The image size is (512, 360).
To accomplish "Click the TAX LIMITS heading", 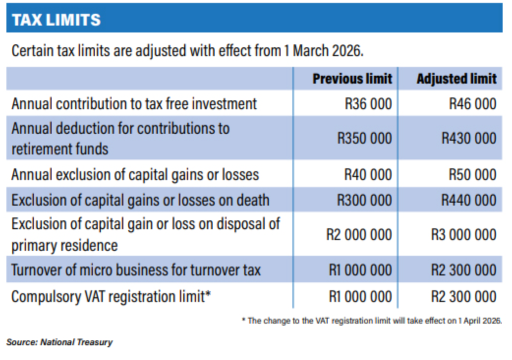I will click(x=56, y=20).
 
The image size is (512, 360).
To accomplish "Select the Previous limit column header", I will click(x=352, y=79).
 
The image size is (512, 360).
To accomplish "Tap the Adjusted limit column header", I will click(x=456, y=79).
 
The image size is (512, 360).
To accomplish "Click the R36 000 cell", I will click(x=368, y=104).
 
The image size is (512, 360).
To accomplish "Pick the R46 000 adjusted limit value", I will click(x=472, y=104).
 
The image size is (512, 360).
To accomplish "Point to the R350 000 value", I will click(x=364, y=138).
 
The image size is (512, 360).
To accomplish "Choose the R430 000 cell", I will click(x=468, y=138).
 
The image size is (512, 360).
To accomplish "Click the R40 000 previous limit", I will click(x=368, y=175).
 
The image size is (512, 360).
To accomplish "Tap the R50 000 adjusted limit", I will click(x=472, y=175).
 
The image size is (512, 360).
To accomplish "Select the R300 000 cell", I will click(x=364, y=200).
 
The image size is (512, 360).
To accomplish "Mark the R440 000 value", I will click(x=468, y=200).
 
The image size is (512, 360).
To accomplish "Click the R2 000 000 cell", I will click(x=359, y=235).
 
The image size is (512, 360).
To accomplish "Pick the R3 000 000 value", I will click(x=463, y=235).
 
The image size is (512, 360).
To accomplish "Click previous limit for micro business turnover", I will click(x=360, y=270).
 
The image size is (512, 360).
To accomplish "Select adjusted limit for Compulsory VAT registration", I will click(x=463, y=297).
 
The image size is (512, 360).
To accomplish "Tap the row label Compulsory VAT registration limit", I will click(x=111, y=297).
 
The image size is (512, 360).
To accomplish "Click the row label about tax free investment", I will click(x=134, y=104).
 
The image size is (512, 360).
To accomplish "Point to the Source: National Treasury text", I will click(x=59, y=342).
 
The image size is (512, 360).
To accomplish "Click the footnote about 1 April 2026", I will click(x=372, y=321).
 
